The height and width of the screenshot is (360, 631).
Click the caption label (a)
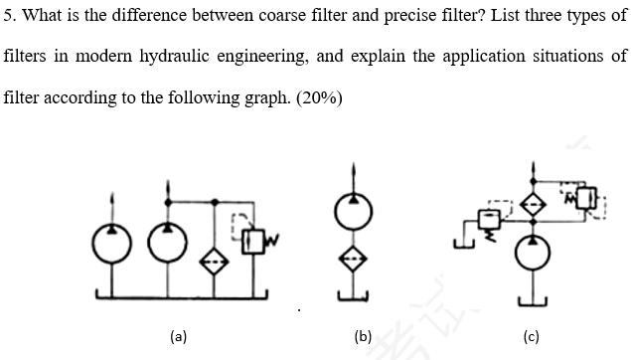click(178, 336)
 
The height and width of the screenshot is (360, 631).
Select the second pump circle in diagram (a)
click(168, 245)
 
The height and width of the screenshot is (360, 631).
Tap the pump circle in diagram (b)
click(360, 212)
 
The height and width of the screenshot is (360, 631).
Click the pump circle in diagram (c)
click(537, 253)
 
